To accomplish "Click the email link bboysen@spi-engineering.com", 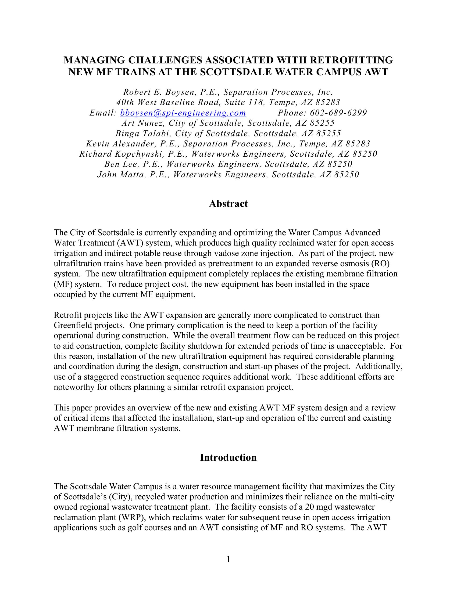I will pyautogui.click(x=183, y=113).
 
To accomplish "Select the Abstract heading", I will pyautogui.click(x=228, y=204).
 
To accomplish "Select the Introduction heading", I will pyautogui.click(x=228, y=457).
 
